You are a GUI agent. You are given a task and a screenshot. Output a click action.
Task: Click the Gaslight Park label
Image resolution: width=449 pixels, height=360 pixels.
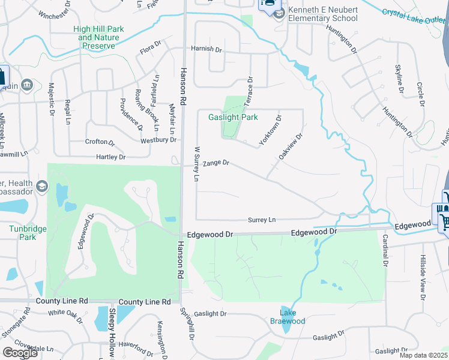[232, 118]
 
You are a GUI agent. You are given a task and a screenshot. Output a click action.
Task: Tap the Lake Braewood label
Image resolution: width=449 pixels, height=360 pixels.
[292, 317]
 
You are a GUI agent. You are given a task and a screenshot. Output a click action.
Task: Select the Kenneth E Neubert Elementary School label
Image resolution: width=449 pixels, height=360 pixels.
[322, 14]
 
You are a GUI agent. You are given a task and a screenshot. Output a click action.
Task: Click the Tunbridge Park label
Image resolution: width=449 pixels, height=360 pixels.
[23, 232]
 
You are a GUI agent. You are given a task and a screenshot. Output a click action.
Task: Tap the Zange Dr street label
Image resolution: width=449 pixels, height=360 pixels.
[216, 163]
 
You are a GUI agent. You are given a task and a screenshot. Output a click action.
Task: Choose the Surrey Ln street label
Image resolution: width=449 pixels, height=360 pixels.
[262, 220]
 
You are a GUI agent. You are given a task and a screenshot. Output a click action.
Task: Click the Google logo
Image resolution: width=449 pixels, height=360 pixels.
[20, 352]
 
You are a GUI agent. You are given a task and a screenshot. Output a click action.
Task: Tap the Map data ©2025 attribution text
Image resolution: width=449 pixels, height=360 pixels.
[424, 355]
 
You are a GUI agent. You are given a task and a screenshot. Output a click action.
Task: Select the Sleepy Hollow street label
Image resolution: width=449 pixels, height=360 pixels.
[112, 333]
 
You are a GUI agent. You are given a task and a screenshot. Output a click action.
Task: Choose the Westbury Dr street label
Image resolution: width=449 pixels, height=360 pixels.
[158, 140]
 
